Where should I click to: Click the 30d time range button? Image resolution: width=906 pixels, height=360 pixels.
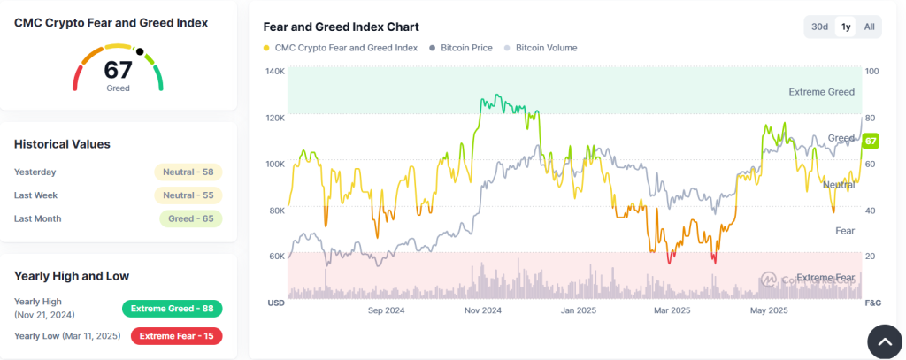click(x=819, y=27)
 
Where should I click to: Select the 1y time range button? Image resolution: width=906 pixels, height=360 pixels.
click(x=846, y=27)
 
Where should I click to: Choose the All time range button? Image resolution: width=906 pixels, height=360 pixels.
click(x=869, y=27)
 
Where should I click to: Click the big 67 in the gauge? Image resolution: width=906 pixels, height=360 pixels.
click(x=118, y=71)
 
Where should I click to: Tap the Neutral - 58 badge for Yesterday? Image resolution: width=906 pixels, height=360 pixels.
click(x=188, y=172)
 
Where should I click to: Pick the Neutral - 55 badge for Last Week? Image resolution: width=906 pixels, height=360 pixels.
click(x=188, y=195)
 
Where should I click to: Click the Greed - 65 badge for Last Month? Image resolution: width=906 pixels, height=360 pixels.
click(x=190, y=218)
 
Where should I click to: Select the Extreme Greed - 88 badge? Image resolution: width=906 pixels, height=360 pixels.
click(x=172, y=309)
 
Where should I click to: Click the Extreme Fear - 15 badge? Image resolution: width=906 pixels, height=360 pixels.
click(x=176, y=336)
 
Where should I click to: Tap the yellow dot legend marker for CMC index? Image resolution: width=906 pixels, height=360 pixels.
click(x=267, y=48)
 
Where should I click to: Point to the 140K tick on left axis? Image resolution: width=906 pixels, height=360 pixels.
click(x=274, y=72)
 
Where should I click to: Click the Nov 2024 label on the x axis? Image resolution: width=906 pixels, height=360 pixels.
click(x=482, y=310)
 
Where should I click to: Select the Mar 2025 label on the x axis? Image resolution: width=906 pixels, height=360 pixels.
click(x=672, y=310)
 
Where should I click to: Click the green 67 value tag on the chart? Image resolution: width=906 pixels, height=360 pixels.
click(x=871, y=142)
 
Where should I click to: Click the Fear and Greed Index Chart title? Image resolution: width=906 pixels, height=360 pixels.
click(x=341, y=27)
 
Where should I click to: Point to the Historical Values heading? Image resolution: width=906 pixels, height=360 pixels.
click(x=62, y=144)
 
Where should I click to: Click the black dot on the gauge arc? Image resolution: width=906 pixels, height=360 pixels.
click(x=139, y=50)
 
